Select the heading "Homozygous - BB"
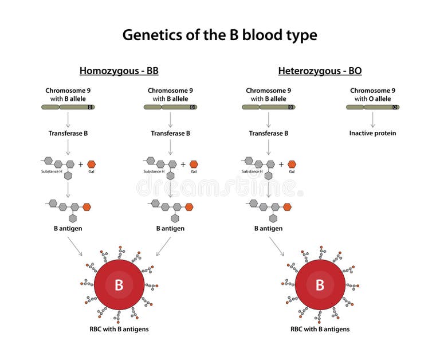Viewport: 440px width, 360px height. [119, 71]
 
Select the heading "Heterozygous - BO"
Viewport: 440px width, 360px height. [320, 71]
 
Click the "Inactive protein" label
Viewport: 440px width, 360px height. [372, 133]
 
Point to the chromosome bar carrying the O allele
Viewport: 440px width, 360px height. [372, 107]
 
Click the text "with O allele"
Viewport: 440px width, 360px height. [372, 99]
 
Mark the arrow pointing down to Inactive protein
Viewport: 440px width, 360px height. [372, 120]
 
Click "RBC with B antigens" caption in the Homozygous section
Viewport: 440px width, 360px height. [119, 329]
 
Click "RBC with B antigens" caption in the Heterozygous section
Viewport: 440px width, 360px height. [320, 329]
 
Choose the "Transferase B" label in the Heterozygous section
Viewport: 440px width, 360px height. [268, 133]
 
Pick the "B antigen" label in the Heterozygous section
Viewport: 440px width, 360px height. [268, 228]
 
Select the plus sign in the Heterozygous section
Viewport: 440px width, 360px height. [281, 165]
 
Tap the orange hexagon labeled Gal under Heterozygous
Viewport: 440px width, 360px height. [292, 164]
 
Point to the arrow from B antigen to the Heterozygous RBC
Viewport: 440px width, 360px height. [276, 246]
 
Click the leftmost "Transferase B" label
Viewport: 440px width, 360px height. [68, 133]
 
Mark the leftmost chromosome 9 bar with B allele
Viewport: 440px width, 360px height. [68, 107]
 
